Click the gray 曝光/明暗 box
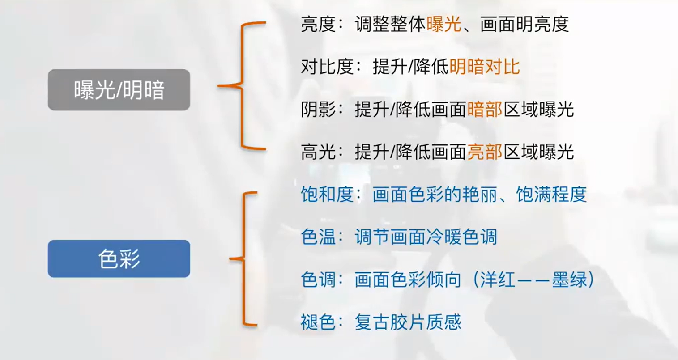pyautogui.click(x=119, y=90)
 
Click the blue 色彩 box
pyautogui.click(x=119, y=258)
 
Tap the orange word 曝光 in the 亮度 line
pyautogui.click(x=444, y=24)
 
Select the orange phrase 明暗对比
pyautogui.click(x=485, y=67)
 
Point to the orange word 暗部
pyautogui.click(x=485, y=109)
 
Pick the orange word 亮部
pyautogui.click(x=485, y=152)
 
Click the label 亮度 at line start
pyautogui.click(x=318, y=24)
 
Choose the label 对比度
pyautogui.click(x=327, y=67)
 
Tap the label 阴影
pyautogui.click(x=318, y=109)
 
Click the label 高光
pyautogui.click(x=318, y=152)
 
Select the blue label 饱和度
pyautogui.click(x=327, y=194)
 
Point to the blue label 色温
pyautogui.click(x=318, y=237)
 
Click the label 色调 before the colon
pyautogui.click(x=318, y=279)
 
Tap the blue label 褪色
pyautogui.click(x=318, y=322)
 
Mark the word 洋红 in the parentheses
pyautogui.click(x=498, y=279)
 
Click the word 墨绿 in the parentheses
pyautogui.click(x=570, y=279)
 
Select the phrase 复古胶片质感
pyautogui.click(x=408, y=322)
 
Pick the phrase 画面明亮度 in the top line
pyautogui.click(x=524, y=24)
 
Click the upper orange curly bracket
pyautogui.click(x=242, y=86)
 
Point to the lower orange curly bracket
pyautogui.click(x=243, y=258)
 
